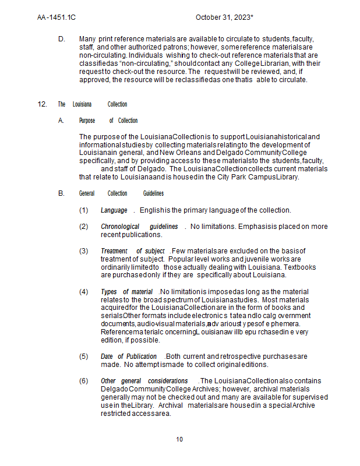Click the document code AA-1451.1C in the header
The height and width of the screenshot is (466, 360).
click(56, 17)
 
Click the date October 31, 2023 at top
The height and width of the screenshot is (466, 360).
click(224, 17)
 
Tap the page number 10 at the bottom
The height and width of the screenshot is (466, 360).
click(179, 439)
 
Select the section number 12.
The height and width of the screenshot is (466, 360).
click(42, 104)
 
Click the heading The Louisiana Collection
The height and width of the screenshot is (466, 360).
click(92, 104)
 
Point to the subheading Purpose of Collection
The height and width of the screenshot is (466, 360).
click(108, 121)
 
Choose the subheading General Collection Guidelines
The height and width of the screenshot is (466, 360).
click(121, 193)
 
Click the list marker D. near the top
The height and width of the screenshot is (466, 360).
click(62, 38)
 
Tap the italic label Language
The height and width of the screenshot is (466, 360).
click(114, 210)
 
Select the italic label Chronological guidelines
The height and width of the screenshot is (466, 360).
click(139, 227)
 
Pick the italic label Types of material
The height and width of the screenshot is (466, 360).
click(126, 291)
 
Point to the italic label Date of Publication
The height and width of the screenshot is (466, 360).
click(128, 356)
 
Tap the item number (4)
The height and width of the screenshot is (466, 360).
click(84, 291)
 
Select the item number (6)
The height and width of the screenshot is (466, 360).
click(84, 381)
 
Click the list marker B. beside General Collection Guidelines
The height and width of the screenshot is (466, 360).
click(62, 193)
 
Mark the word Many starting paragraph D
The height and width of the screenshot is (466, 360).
click(87, 38)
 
